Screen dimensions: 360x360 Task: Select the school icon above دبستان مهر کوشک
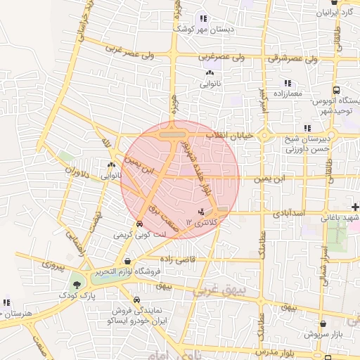click(204, 20)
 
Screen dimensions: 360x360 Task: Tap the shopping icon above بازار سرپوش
click(323, 325)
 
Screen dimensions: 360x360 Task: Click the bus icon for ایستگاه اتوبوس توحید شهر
click(337, 91)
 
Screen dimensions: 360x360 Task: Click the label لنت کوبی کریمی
click(139, 234)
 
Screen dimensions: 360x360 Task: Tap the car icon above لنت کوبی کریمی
click(139, 224)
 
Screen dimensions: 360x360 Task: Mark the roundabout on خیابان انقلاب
click(265, 135)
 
